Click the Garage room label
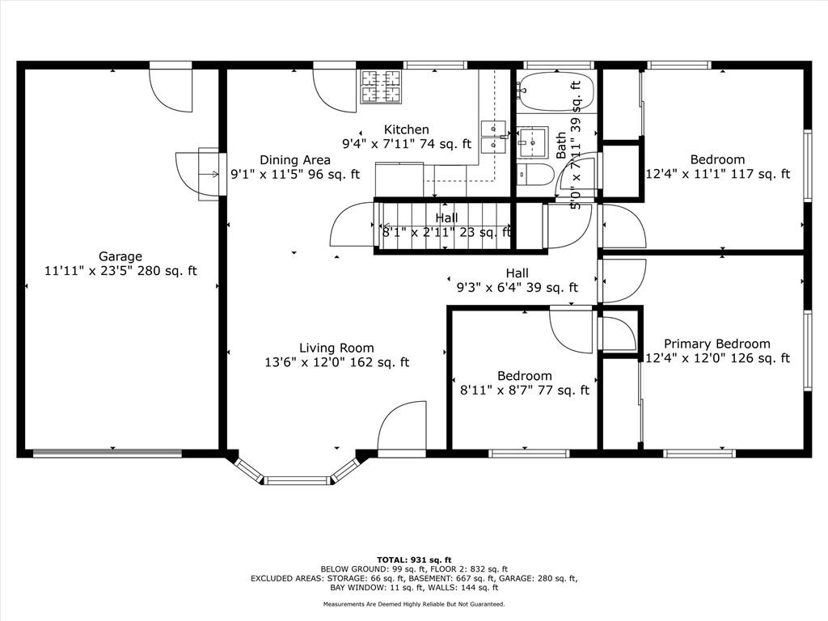[x=120, y=256]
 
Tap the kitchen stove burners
[x=381, y=87]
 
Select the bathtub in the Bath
[x=556, y=91]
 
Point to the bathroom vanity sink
[x=532, y=142]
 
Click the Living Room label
[x=336, y=348]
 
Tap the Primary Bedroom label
[x=716, y=344]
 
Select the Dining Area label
[x=295, y=160]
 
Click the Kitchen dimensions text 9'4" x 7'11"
[x=378, y=144]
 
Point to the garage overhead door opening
[x=108, y=453]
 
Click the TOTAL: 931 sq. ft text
[x=414, y=560]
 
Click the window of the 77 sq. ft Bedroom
[x=529, y=453]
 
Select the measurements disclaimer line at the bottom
[x=414, y=604]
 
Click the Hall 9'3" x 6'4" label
[x=517, y=281]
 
